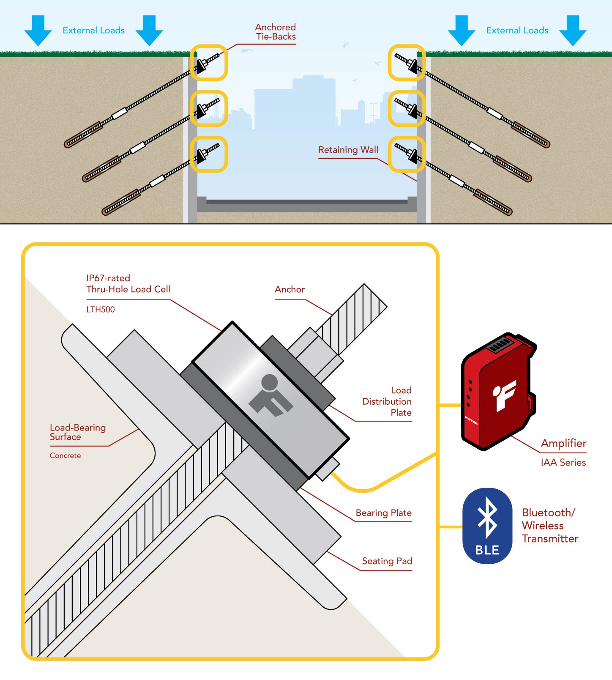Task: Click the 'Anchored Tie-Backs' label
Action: [x=276, y=32]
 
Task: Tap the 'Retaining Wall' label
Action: [x=348, y=150]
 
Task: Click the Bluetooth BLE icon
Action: [x=487, y=526]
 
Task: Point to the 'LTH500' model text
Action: [x=101, y=310]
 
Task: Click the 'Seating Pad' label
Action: [x=387, y=561]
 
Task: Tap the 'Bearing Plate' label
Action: [x=383, y=513]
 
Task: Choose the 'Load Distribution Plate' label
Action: [x=387, y=401]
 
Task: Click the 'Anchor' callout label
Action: [x=290, y=290]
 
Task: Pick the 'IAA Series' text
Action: [x=563, y=463]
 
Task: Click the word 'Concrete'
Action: [x=65, y=456]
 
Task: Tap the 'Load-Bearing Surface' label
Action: [x=78, y=432]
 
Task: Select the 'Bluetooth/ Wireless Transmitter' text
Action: [x=549, y=526]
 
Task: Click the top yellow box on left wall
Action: [x=209, y=63]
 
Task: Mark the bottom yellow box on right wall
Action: [x=407, y=154]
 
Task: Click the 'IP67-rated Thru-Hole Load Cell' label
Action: [x=128, y=284]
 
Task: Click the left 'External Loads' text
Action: [x=93, y=30]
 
